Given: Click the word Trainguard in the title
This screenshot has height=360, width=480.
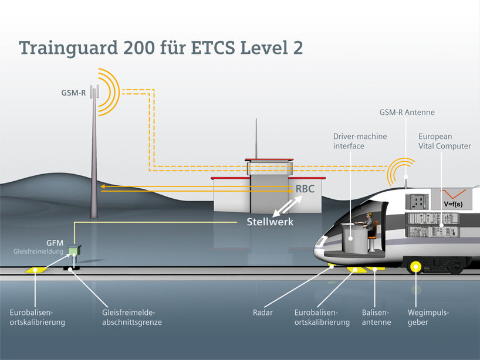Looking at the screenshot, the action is (x=68, y=48).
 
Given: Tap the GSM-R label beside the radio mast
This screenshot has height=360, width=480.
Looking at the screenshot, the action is (x=73, y=93).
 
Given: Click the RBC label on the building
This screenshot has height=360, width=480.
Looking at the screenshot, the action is (x=305, y=189).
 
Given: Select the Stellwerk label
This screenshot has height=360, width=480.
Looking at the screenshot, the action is (x=270, y=222).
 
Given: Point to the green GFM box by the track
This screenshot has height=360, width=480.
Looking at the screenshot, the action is (x=75, y=250).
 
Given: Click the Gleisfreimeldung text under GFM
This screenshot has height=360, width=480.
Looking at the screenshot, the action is (x=38, y=252).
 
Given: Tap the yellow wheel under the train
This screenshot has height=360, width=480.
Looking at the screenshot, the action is (x=415, y=267).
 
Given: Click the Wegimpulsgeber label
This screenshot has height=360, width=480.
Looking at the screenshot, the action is (x=428, y=317).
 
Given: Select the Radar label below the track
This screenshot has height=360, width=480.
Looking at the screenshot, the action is (x=263, y=313).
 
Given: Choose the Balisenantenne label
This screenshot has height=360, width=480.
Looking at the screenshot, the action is (x=376, y=317).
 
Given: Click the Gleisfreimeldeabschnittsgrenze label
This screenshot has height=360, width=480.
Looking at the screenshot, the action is (x=132, y=317).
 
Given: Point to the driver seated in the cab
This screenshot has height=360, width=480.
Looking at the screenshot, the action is (x=369, y=222).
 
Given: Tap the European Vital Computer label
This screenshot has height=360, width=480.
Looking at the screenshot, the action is (x=444, y=141).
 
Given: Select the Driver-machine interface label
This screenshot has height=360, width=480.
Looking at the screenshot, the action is (x=360, y=141).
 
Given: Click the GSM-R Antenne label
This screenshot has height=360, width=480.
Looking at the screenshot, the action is (x=407, y=112).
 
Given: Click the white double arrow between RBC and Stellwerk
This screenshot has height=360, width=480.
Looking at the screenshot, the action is (x=288, y=206).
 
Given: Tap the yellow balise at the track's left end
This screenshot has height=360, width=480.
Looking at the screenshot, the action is (x=36, y=270).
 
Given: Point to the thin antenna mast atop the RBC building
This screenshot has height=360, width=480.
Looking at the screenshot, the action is (x=256, y=138).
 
